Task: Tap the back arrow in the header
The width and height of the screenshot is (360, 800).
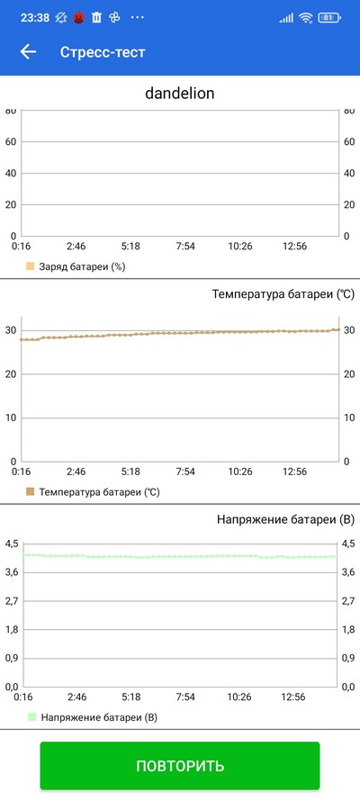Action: click(x=28, y=52)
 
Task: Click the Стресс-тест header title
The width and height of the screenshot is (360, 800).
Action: click(x=103, y=52)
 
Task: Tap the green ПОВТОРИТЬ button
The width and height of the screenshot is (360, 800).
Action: click(x=180, y=765)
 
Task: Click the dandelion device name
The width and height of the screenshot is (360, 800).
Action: click(x=180, y=94)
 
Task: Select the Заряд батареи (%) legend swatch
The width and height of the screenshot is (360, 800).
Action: click(x=30, y=266)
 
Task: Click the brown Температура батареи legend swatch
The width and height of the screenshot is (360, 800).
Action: click(x=30, y=492)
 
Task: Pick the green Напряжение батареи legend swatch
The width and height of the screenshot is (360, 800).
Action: click(x=31, y=717)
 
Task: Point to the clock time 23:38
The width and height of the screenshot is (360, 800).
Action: click(x=35, y=18)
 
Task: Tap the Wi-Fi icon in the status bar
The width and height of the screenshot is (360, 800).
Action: click(x=306, y=18)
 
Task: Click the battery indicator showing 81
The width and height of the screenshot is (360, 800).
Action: click(x=328, y=18)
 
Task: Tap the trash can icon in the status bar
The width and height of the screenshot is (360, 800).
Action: click(x=96, y=18)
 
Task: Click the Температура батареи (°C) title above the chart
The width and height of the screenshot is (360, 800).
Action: click(x=283, y=294)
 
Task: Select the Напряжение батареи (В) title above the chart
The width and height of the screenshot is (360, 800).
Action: click(x=285, y=519)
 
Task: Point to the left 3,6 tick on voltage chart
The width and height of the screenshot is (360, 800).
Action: click(x=11, y=572)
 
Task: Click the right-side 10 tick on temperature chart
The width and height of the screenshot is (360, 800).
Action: click(x=349, y=418)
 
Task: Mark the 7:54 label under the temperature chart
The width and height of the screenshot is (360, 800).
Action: click(x=185, y=472)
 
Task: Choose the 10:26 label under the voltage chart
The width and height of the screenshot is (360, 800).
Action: click(x=239, y=697)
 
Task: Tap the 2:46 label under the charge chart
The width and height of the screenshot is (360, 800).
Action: click(x=76, y=247)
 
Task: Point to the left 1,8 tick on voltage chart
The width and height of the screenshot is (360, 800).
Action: click(x=11, y=630)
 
